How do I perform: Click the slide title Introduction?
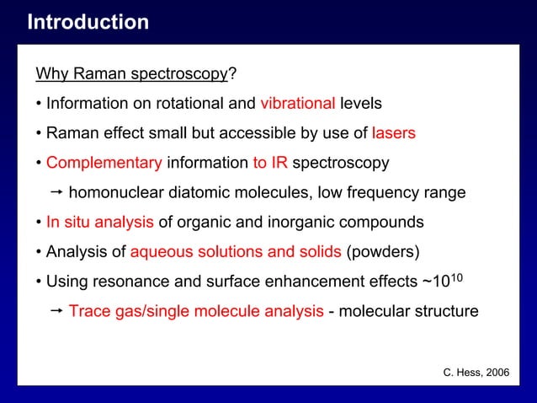(88, 22)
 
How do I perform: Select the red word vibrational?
(297, 104)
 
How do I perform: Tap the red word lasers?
(393, 133)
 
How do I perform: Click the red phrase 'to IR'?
(270, 162)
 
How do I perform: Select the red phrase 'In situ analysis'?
(99, 222)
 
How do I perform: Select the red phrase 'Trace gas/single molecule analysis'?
(195, 311)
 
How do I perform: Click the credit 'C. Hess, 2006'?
(476, 372)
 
